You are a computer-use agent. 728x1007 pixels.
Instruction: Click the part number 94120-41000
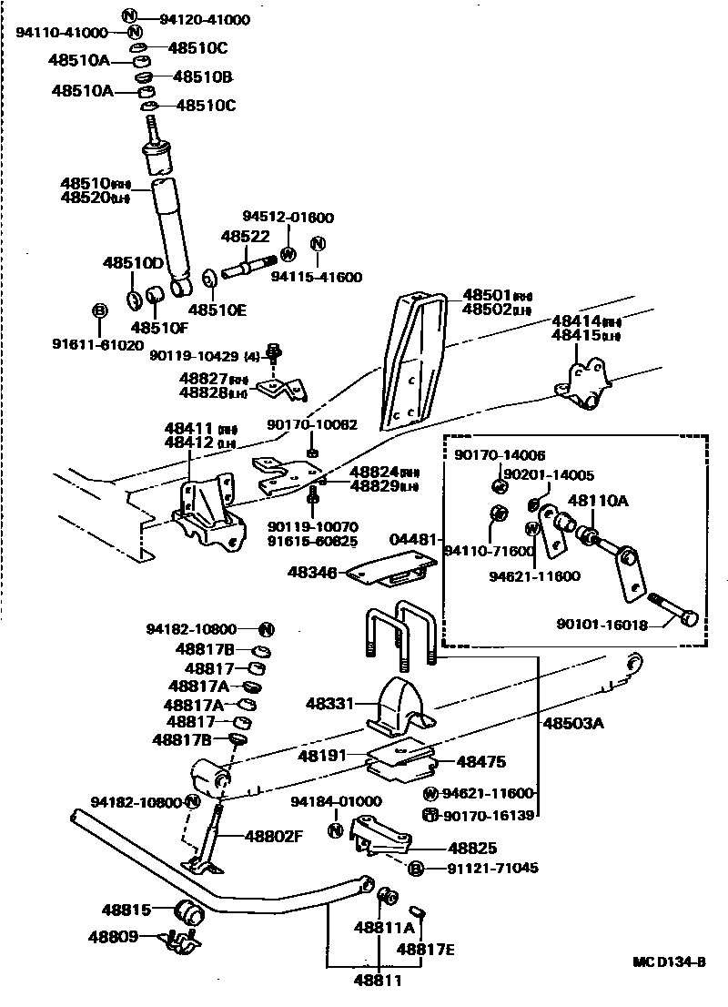click(205, 18)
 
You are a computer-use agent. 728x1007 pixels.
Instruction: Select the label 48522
click(245, 236)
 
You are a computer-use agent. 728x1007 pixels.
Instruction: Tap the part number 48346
click(312, 573)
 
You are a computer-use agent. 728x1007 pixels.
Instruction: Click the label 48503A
click(573, 724)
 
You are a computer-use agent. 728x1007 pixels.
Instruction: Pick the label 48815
click(126, 910)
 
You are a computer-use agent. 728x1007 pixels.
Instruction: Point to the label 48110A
click(598, 500)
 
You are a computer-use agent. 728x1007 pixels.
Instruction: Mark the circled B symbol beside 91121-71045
click(415, 869)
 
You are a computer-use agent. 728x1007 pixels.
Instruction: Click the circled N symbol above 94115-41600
click(318, 244)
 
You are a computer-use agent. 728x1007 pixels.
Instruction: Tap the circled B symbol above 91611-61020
click(100, 310)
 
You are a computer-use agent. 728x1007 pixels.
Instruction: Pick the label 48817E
click(425, 949)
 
